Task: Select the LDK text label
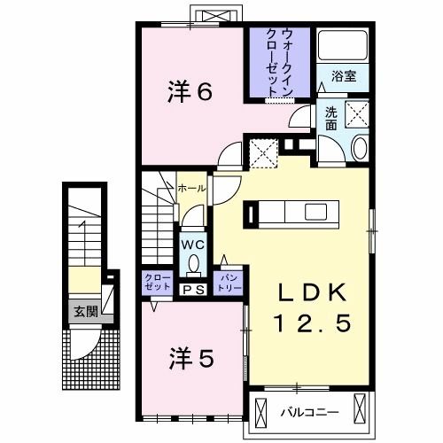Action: click(x=310, y=294)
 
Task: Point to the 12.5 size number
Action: click(x=310, y=324)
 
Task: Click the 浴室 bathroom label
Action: click(x=344, y=76)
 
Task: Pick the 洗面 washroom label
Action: click(x=330, y=118)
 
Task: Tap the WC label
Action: click(x=192, y=244)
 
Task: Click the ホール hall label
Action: click(x=192, y=189)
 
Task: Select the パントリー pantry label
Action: click(x=229, y=281)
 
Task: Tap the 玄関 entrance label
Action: click(x=85, y=310)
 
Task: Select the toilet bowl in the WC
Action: click(x=192, y=263)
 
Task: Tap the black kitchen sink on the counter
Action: click(x=253, y=214)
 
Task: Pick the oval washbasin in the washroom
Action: click(x=359, y=149)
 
